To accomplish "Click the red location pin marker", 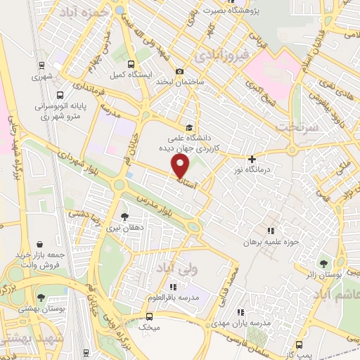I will [x=181, y=166].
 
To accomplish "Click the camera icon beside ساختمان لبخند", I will [x=179, y=72].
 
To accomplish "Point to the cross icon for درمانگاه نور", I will [x=251, y=160].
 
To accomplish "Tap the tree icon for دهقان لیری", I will [x=124, y=217].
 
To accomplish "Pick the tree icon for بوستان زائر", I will [x=323, y=264].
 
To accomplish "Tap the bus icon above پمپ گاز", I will [x=300, y=345].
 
